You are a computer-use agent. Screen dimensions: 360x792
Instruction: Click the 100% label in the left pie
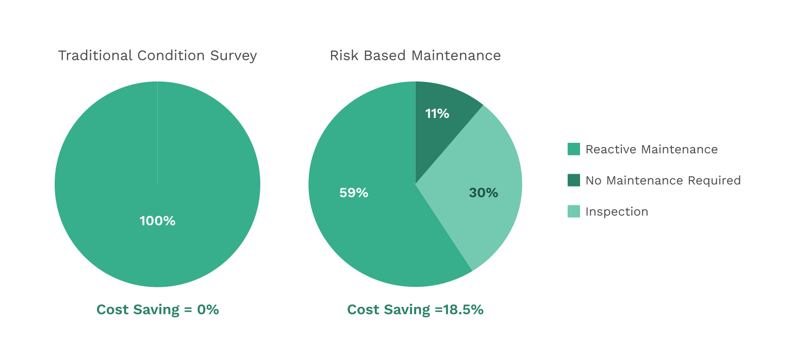157,221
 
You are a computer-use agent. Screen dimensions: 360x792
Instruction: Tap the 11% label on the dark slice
437,113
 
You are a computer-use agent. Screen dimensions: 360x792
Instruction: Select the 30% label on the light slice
483,193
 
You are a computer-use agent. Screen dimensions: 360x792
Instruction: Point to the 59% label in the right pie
354,193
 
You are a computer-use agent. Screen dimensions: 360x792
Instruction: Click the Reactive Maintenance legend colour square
574,149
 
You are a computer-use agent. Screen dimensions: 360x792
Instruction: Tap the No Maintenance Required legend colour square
574,180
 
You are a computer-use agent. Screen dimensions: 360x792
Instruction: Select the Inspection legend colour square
574,211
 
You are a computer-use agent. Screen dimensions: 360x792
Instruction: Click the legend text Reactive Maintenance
652,150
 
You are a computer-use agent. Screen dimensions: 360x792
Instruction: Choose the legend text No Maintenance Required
663,181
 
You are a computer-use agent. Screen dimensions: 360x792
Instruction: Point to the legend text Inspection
617,212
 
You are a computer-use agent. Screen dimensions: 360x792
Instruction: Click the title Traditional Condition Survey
157,56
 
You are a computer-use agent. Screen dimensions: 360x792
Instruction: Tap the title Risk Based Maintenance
415,56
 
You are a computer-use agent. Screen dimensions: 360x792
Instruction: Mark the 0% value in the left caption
208,309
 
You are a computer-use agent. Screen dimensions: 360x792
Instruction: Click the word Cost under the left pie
112,309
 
